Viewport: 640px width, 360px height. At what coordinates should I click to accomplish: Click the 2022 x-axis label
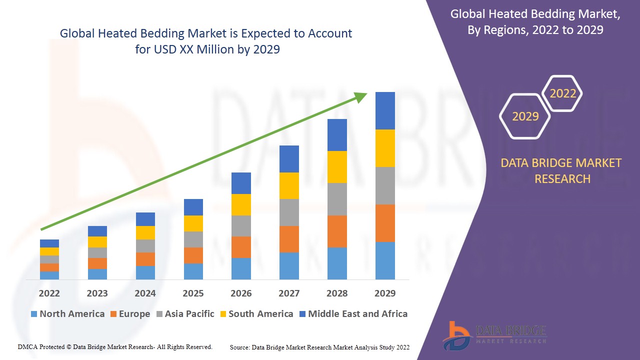point(49,293)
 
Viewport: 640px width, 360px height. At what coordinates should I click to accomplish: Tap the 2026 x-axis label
point(241,293)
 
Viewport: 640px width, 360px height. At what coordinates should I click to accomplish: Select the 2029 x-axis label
point(385,293)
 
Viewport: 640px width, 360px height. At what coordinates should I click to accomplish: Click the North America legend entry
point(67,314)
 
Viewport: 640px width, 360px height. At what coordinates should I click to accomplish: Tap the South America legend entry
point(256,314)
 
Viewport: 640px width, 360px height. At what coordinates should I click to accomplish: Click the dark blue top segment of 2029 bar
point(385,110)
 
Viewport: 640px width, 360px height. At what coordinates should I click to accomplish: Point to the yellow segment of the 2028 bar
point(337,167)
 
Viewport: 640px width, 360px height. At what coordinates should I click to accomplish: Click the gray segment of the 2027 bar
point(289,212)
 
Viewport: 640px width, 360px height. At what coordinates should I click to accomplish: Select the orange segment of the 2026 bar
point(241,247)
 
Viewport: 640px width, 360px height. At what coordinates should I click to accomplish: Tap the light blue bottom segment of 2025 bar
point(193,271)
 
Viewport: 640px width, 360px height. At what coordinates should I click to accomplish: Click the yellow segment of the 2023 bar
point(97,242)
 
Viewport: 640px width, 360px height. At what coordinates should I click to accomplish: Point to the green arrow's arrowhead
point(361,96)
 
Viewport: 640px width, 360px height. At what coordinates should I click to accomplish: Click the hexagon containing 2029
point(525,116)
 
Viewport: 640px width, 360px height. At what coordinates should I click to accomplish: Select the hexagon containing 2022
point(562,93)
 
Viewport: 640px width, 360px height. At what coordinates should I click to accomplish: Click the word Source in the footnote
point(239,347)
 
